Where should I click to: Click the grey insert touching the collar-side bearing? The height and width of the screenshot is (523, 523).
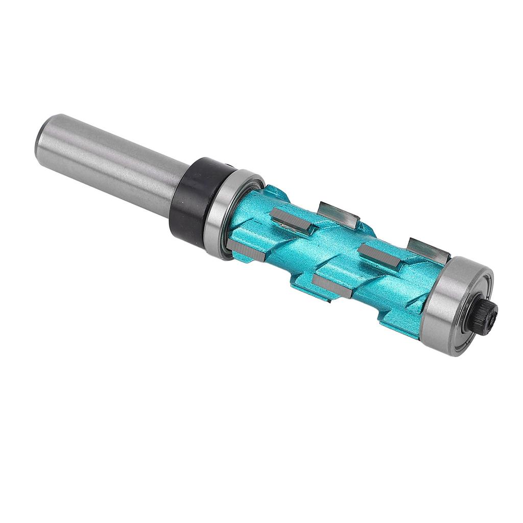246,250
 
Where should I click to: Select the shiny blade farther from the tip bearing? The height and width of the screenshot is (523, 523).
337,213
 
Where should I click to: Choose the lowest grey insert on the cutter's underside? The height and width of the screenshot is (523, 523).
332,286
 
